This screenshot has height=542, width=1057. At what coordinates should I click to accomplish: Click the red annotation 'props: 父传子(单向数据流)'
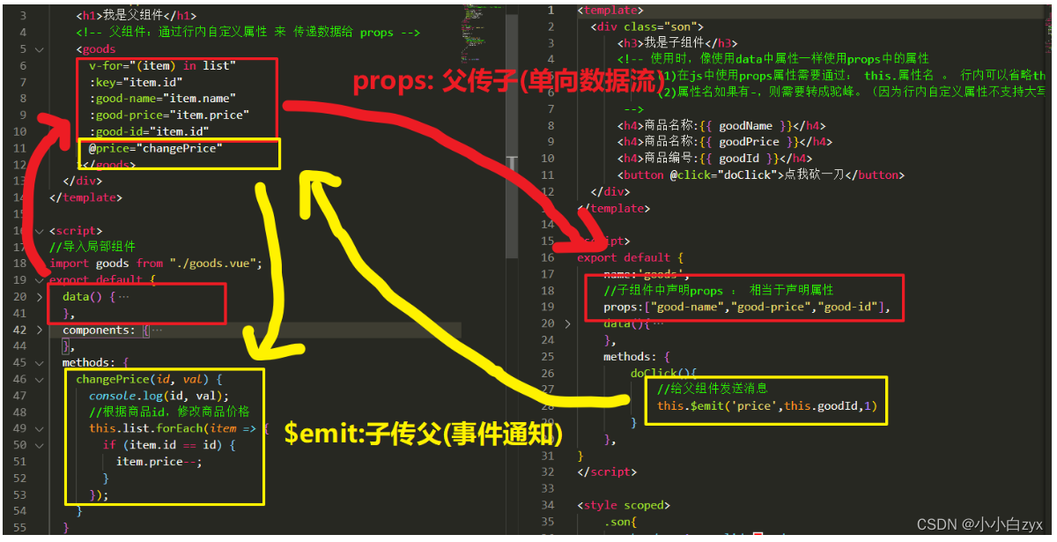point(507,82)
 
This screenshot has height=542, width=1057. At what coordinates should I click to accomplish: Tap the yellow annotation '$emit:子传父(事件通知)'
point(424,433)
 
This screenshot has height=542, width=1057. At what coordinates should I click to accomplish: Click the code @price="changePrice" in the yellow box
point(156,148)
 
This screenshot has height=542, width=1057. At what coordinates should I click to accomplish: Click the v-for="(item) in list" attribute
point(162,65)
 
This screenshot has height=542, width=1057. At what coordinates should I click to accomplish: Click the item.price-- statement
point(159,461)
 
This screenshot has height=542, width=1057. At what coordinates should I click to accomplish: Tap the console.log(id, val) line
point(159,396)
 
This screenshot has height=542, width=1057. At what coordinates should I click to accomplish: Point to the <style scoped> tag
point(624,505)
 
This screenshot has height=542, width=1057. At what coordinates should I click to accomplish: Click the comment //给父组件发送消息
point(713,389)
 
